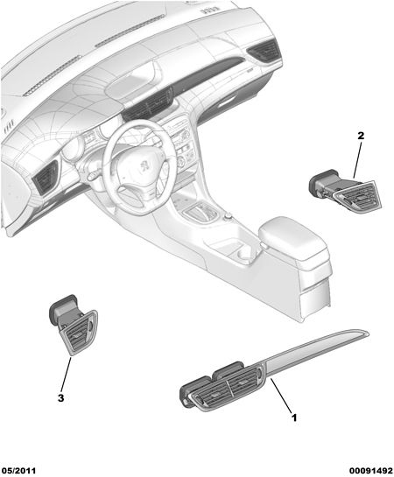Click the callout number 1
click(294, 417)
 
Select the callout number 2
click(361, 136)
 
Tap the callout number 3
click(60, 397)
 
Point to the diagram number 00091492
click(371, 471)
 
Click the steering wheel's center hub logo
click(144, 165)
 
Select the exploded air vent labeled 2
click(345, 192)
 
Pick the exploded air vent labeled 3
click(74, 325)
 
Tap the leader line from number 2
click(357, 160)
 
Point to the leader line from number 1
click(281, 396)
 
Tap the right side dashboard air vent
click(264, 49)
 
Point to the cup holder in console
click(241, 251)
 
